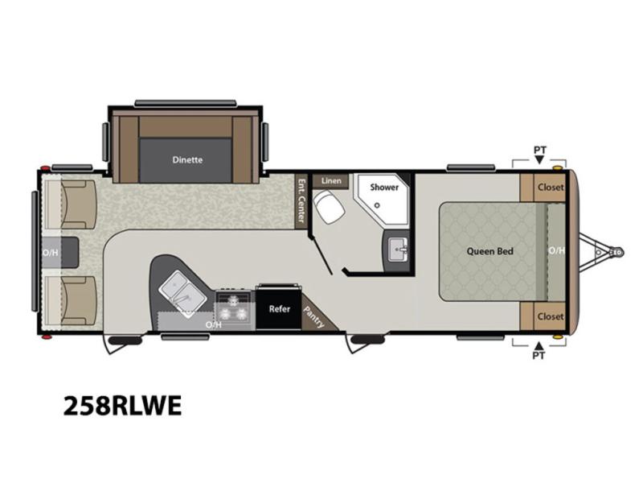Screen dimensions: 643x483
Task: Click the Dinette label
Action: tap(187, 159)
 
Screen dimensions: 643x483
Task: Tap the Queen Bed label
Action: tap(490, 251)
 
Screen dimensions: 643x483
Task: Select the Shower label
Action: tap(384, 188)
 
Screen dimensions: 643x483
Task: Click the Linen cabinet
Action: tap(331, 180)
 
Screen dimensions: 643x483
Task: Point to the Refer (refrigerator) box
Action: tap(279, 308)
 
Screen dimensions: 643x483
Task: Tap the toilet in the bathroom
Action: tap(329, 208)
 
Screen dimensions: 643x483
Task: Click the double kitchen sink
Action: tap(182, 294)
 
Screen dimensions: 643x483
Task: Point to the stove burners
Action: tap(233, 308)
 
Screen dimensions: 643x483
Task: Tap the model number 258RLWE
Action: tap(122, 406)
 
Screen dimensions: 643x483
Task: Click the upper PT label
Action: tap(539, 150)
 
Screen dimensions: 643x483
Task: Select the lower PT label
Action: tap(539, 355)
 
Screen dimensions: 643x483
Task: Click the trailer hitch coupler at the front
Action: tap(616, 251)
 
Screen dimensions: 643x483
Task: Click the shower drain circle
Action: tap(377, 205)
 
